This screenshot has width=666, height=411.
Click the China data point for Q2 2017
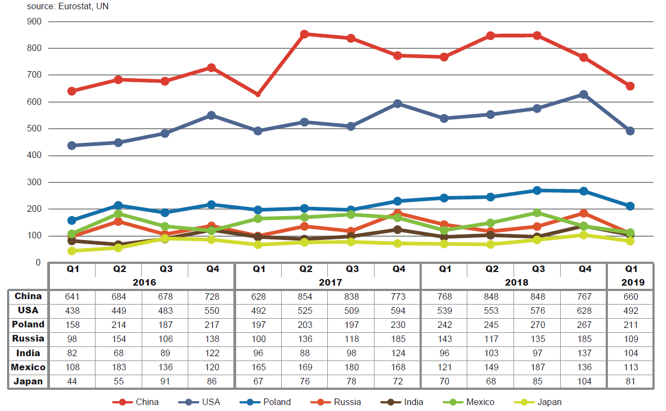point(305,34)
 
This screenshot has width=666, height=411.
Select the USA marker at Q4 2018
point(583,94)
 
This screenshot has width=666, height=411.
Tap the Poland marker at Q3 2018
point(537,191)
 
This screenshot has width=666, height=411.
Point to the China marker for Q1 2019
point(630,86)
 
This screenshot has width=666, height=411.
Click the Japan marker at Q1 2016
point(72,251)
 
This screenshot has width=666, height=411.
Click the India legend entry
point(414,402)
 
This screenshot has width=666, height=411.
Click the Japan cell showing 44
point(72,381)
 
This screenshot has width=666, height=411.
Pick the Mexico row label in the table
point(28,367)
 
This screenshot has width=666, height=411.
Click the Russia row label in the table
point(28,339)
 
